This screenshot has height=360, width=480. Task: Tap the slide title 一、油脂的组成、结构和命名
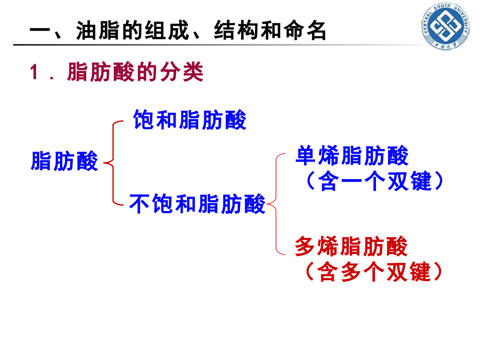177,31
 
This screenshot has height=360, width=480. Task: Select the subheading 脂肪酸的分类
135,73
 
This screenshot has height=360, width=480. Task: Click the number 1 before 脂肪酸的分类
34,73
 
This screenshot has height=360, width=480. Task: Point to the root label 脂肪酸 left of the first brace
65,161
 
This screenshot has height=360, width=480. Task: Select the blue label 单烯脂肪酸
352,156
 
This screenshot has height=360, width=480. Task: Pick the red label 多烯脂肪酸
352,247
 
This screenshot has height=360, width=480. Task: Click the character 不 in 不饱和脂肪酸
139,204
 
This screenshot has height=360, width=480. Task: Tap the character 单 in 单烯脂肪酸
305,156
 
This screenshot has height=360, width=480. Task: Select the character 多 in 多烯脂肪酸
305,247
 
